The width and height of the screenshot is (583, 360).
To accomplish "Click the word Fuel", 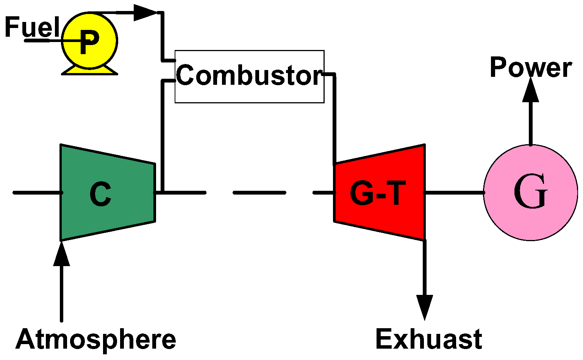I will click(32, 27).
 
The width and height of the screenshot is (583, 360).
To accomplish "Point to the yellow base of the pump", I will click(89, 71).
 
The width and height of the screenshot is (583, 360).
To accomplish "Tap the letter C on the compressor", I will click(100, 194).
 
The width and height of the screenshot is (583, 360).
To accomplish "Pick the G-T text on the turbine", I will click(378, 193).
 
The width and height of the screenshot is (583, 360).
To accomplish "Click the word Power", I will click(530, 68).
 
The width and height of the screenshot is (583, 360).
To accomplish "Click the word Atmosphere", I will click(95, 339).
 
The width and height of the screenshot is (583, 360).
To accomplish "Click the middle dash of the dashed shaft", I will click(259, 193).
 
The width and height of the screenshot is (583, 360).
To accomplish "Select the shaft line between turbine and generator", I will click(454, 193).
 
